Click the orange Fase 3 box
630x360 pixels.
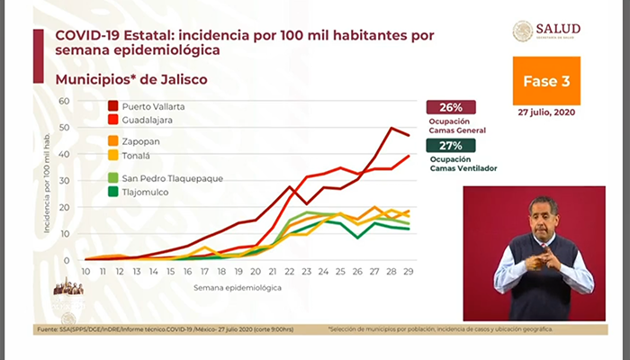[x=546, y=81]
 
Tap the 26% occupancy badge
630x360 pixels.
[x=451, y=107]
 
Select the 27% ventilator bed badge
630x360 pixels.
[x=451, y=145]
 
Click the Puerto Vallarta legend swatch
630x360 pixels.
[x=113, y=105]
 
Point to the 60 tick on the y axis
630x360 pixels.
[x=64, y=100]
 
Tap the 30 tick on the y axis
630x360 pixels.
[x=64, y=180]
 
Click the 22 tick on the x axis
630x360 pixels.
[x=291, y=271]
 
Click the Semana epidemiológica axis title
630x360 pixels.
[x=238, y=288]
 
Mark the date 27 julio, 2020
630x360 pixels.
[x=546, y=112]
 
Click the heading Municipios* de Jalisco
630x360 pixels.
[x=131, y=79]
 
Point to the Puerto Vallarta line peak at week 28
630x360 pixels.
[x=392, y=128]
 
